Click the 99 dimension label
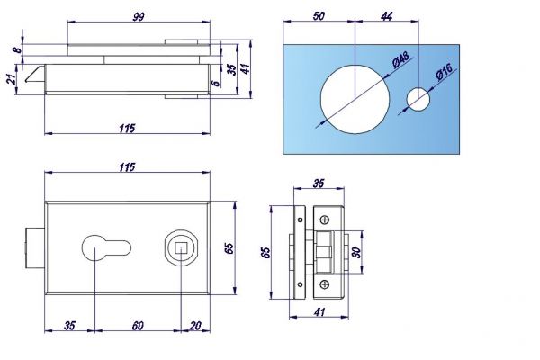[139, 16]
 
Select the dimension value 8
[17, 50]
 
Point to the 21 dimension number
[12, 79]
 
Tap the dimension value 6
[216, 83]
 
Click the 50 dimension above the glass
[319, 16]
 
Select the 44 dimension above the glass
[386, 16]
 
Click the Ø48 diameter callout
[400, 59]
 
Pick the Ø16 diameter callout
[444, 72]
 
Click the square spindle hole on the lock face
[181, 247]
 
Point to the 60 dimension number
[138, 325]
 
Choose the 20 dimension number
[195, 325]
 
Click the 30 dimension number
[357, 253]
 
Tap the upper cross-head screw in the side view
[324, 220]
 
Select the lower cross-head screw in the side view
[324, 284]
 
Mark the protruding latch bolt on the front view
[35, 247]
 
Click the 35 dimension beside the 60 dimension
[69, 325]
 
